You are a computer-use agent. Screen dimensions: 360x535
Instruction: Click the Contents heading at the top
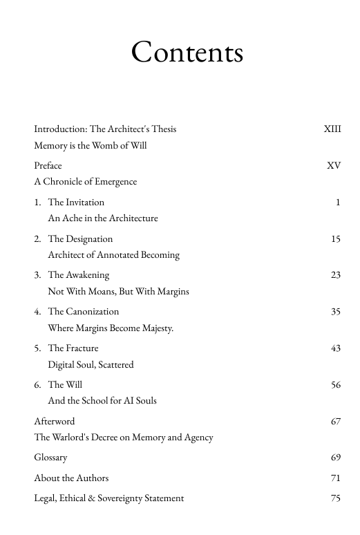coord(187,53)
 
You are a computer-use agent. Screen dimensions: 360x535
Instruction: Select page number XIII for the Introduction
coord(332,129)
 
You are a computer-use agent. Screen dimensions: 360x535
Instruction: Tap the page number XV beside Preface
coord(334,166)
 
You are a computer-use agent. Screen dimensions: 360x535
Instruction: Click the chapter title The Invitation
coord(76,203)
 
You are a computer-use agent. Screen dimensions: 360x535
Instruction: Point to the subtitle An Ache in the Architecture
coord(103,218)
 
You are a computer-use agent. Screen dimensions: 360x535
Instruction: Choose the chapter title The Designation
coord(80,239)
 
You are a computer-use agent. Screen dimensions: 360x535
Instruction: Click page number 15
coord(336,239)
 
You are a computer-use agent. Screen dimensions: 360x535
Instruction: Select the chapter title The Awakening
coord(79,275)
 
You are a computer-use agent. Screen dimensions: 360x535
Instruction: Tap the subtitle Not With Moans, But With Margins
coord(118,292)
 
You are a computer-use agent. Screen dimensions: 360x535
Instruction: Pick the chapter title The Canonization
coord(84,312)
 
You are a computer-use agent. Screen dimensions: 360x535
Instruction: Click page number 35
coord(336,312)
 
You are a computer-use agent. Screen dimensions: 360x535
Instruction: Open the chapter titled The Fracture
coord(73,348)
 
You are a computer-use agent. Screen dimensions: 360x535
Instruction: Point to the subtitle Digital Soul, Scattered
coord(91,365)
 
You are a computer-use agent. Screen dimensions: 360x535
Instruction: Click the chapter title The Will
coord(66,385)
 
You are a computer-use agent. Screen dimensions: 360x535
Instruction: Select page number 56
coord(336,385)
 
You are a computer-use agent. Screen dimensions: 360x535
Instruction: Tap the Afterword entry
coord(55,421)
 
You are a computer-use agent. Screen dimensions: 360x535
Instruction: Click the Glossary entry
coord(50,458)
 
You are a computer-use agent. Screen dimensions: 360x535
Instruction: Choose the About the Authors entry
coord(71,478)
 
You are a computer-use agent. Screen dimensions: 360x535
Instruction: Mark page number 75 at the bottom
coord(336,498)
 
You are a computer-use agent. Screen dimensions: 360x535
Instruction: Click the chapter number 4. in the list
coord(37,312)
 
